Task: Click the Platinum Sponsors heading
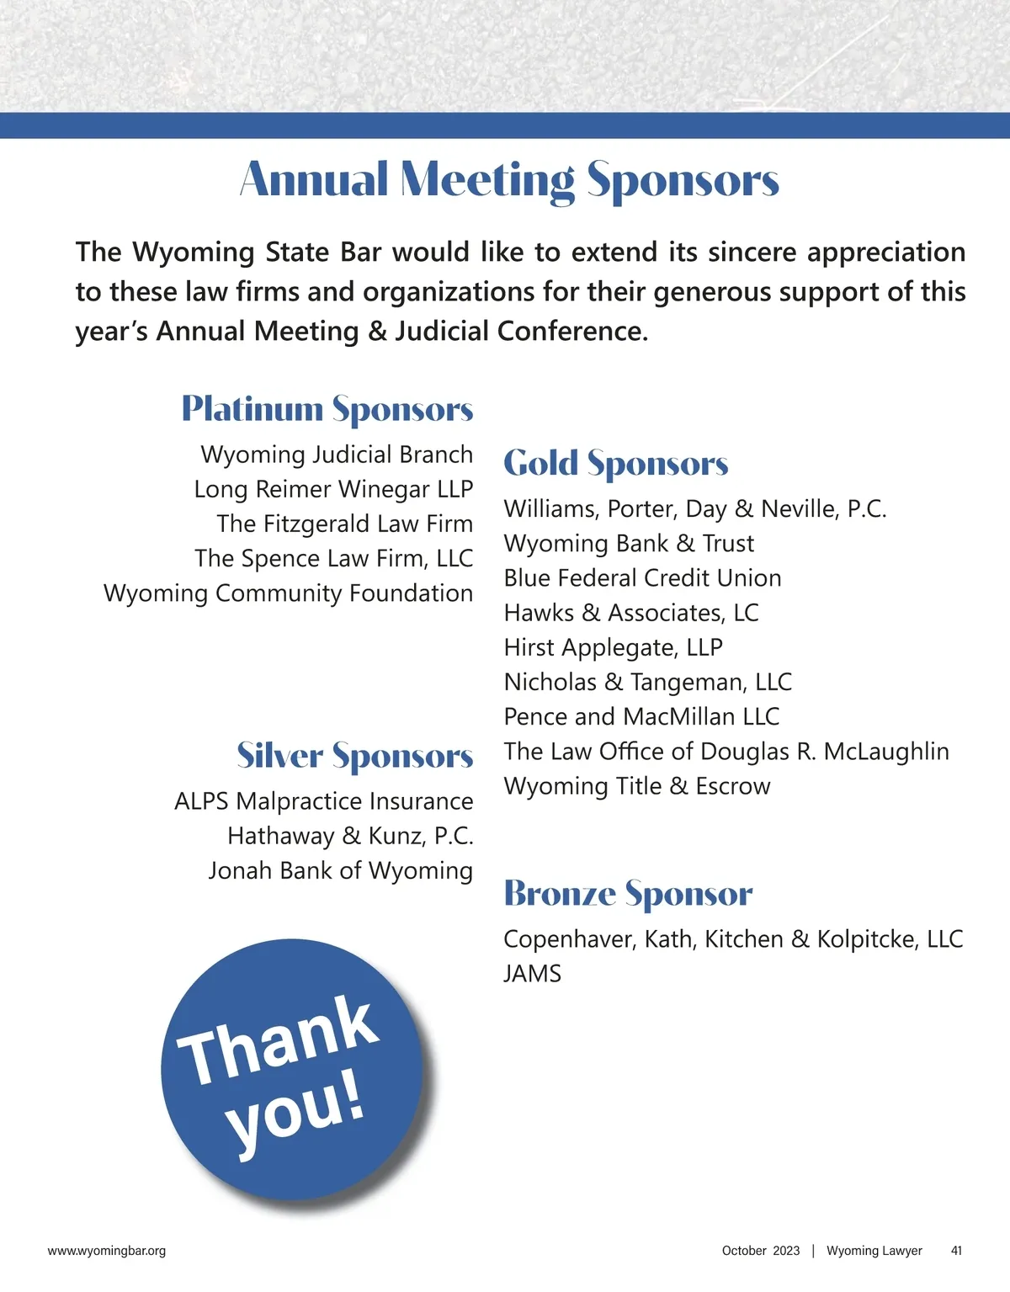[x=327, y=409]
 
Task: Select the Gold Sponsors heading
[x=616, y=464]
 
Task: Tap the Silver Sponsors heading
[x=354, y=756]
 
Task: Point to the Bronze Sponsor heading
[x=628, y=894]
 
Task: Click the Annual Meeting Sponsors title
[x=510, y=180]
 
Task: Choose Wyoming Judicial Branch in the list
[x=337, y=455]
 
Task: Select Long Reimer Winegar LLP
[x=333, y=489]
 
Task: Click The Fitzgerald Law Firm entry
[x=344, y=524]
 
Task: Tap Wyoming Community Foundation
[x=288, y=593]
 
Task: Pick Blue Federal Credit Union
[x=642, y=578]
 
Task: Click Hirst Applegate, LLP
[x=613, y=647]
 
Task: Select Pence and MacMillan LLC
[x=641, y=716]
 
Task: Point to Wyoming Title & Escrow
[x=637, y=786]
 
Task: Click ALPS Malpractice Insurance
[x=323, y=801]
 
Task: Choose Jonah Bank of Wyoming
[x=340, y=870]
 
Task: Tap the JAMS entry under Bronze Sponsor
[x=532, y=974]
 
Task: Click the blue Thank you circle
[x=291, y=1069]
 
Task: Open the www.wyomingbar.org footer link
[x=107, y=1251]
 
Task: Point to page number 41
[x=956, y=1251]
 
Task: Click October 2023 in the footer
[x=761, y=1251]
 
